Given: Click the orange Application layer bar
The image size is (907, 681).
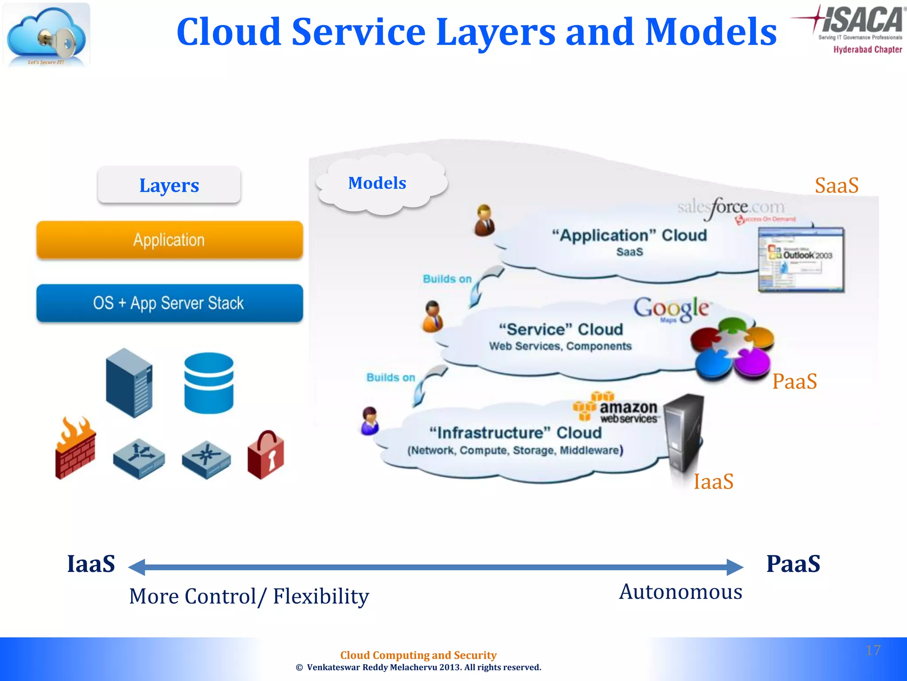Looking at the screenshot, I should click(169, 240).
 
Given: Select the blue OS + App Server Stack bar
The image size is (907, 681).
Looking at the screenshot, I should click(169, 303).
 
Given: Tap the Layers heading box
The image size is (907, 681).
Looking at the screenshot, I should click(169, 185).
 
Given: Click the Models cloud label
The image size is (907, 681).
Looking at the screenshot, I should click(377, 183).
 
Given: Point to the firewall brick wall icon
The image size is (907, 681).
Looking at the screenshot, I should click(75, 448).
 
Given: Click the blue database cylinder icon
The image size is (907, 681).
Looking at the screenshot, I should click(209, 383).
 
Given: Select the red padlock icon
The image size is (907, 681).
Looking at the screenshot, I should click(266, 455).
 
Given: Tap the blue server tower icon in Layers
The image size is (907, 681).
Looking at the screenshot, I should click(129, 383).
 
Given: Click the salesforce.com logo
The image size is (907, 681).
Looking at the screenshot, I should click(732, 207).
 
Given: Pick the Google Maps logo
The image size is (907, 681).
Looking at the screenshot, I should click(671, 309).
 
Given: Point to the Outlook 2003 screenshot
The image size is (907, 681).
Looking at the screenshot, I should click(801, 259).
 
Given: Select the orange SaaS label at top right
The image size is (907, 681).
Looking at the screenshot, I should click(837, 185).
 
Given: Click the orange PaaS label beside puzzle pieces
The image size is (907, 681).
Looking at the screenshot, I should click(795, 381).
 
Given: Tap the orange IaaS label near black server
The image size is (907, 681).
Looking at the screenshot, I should click(713, 481).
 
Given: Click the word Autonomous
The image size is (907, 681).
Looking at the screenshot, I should click(681, 592).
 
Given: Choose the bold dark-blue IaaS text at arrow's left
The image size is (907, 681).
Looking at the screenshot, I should click(91, 564).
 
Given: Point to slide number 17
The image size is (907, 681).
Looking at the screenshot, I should click(873, 650).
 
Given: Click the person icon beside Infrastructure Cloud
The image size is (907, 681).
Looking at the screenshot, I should click(369, 421).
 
